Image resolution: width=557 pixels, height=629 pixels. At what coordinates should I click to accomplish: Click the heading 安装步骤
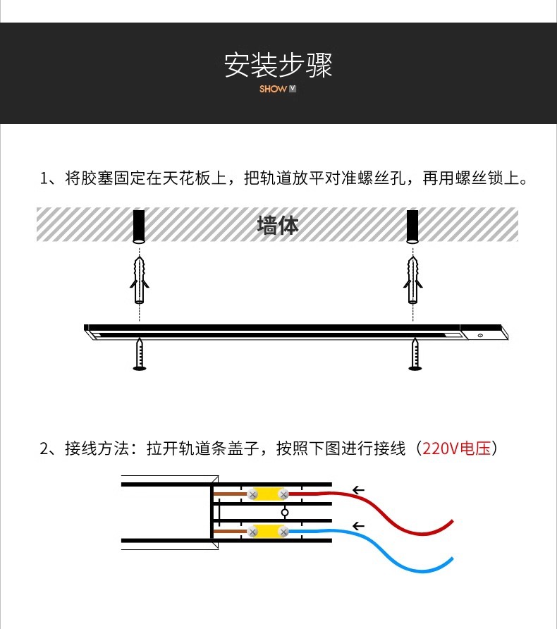click(x=278, y=64)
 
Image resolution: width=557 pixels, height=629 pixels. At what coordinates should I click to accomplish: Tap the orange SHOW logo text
click(x=273, y=90)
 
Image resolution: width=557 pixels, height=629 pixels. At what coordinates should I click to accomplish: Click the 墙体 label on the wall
click(x=278, y=225)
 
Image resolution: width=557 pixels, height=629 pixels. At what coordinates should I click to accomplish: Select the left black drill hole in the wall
click(x=139, y=226)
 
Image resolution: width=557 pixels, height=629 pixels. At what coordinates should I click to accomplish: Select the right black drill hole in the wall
click(x=412, y=226)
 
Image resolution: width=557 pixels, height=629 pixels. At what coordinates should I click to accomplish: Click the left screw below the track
click(x=140, y=355)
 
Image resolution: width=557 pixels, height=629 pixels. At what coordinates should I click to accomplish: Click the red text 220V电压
click(x=456, y=448)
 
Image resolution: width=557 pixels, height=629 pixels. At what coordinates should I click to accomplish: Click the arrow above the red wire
click(x=359, y=489)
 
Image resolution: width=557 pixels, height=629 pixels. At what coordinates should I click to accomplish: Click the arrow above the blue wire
click(x=359, y=525)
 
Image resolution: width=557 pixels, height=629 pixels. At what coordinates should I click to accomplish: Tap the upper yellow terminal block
click(x=268, y=494)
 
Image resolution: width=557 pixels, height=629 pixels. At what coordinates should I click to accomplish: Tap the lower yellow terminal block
click(x=268, y=530)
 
